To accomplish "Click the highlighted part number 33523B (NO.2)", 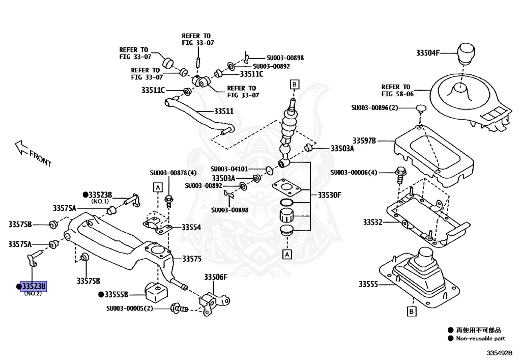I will (33, 287).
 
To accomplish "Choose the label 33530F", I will (329, 195).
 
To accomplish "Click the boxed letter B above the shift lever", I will (294, 84).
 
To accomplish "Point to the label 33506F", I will (216, 277).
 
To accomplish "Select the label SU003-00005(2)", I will (130, 309).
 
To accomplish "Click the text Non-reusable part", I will (480, 338).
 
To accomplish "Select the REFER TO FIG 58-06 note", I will (396, 90).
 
